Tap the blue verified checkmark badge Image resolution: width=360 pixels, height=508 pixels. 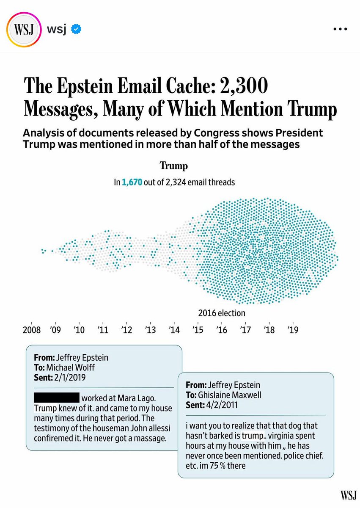tap(77, 30)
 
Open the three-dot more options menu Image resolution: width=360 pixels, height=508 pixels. tap(341, 30)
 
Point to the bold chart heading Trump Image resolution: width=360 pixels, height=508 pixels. tap(174, 166)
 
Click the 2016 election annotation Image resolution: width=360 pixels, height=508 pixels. tap(221, 313)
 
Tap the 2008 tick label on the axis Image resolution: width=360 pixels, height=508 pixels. tap(32, 329)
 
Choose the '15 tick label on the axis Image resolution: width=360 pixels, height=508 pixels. tap(197, 329)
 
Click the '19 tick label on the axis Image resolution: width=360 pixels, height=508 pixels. tap(292, 329)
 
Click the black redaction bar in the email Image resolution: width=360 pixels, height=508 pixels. tap(56, 398)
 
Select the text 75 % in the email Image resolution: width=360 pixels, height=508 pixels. tap(232, 466)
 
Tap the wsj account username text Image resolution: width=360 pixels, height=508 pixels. tap(57, 30)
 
